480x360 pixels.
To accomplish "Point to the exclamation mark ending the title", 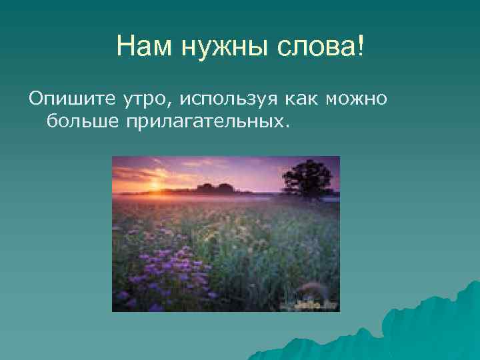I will click(x=361, y=47).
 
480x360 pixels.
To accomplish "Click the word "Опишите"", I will click(x=63, y=100).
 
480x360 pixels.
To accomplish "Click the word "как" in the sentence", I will click(x=303, y=100).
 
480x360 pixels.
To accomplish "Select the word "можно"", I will click(x=357, y=100).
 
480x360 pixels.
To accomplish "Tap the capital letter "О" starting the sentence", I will click(x=35, y=100).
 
